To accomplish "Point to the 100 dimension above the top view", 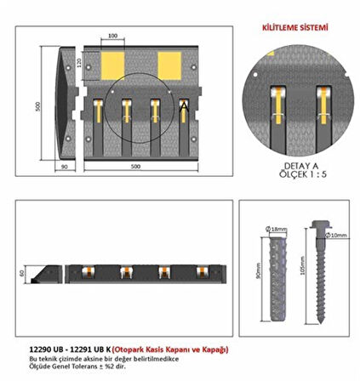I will click(113, 37).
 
